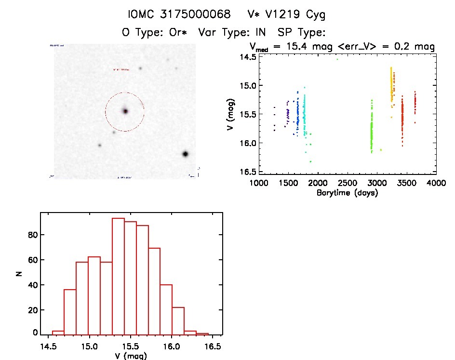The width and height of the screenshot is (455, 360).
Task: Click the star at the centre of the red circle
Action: click(125, 111)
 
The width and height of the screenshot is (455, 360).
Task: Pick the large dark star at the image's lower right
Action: click(185, 154)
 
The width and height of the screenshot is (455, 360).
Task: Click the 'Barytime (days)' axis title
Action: click(347, 193)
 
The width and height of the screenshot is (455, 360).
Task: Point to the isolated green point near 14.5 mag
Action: click(337, 59)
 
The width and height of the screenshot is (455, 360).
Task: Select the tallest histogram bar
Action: click(118, 276)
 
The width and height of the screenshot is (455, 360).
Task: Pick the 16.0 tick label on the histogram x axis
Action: click(172, 347)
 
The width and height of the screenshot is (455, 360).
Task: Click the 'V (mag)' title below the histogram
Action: click(131, 356)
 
